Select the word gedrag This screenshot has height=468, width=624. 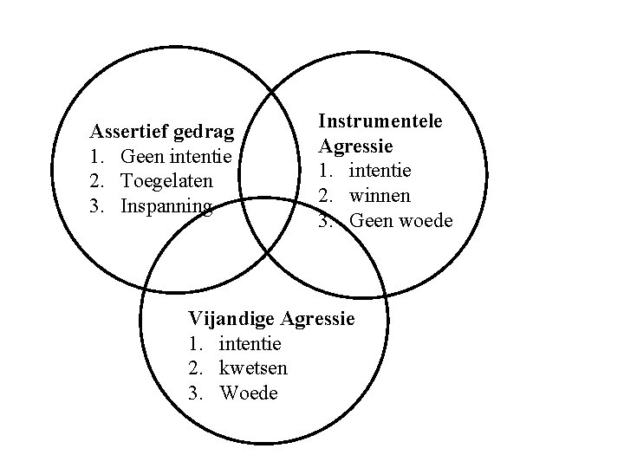tap(204, 133)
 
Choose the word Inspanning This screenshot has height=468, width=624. tap(166, 207)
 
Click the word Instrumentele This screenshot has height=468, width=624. tap(380, 120)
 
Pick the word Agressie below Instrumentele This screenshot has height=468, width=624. tap(356, 146)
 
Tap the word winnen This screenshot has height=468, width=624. tap(380, 196)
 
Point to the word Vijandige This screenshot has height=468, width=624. tap(229, 318)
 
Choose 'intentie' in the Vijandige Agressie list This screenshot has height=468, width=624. tap(250, 343)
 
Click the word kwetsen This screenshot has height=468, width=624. tap(253, 368)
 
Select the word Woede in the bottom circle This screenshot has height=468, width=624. tap(250, 393)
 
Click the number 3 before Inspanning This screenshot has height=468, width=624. tap(97, 207)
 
